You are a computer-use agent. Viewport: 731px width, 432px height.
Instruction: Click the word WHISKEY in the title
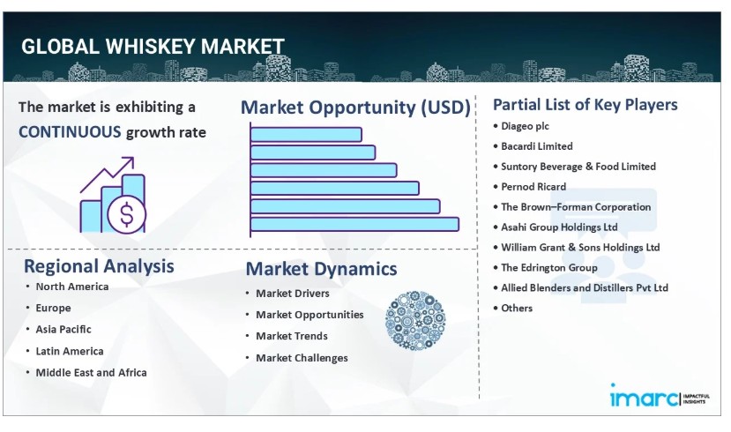point(151,47)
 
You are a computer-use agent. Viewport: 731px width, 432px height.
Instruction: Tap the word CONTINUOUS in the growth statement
point(70,132)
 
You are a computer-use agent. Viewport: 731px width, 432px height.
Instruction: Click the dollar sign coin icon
point(127,214)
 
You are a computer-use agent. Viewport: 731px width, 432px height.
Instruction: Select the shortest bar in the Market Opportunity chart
point(306,135)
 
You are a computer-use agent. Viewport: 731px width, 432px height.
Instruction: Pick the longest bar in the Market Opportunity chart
point(354,224)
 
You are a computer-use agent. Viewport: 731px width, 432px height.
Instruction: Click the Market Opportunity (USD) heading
point(355,108)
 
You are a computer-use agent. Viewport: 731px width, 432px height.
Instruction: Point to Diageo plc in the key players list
point(525,126)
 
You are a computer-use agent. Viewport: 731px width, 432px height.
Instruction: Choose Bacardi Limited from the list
point(537,146)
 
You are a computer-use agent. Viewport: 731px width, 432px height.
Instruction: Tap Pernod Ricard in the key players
point(533,187)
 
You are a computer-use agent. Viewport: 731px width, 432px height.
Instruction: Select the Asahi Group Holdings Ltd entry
point(559,227)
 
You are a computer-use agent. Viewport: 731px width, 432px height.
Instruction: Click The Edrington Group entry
point(549,267)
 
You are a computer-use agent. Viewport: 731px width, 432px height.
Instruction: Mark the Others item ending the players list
point(517,308)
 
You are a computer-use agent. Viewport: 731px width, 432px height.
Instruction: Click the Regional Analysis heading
point(99,266)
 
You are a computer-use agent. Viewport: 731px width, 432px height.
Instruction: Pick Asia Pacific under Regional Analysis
point(63,329)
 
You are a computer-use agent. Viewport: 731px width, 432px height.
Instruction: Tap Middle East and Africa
point(92,372)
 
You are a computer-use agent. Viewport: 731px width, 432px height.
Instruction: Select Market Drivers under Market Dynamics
point(292,293)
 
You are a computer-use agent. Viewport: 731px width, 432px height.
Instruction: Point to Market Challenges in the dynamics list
point(302,358)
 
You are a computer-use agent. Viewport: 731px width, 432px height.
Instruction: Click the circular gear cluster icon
point(415,321)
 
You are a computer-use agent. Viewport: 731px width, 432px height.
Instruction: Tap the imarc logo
point(660,396)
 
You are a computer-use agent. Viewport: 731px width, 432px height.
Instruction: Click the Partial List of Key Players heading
point(586,105)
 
